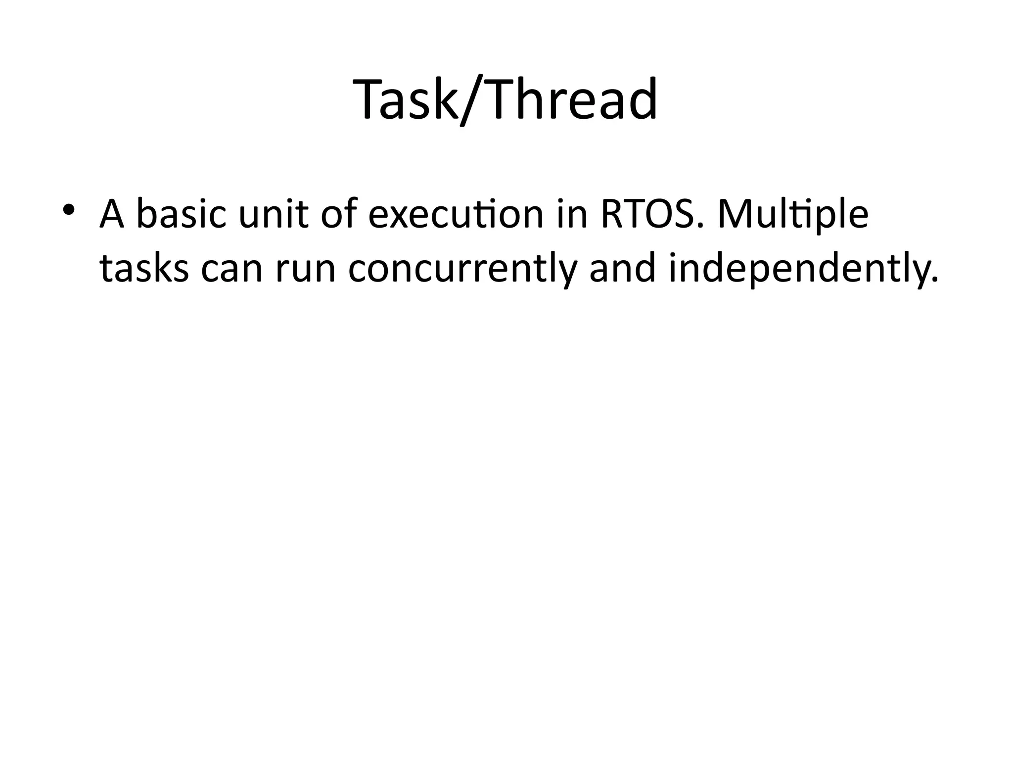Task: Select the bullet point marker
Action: pos(69,210)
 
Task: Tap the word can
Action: pos(231,270)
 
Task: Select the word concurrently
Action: pos(463,270)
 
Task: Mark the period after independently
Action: pos(934,281)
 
